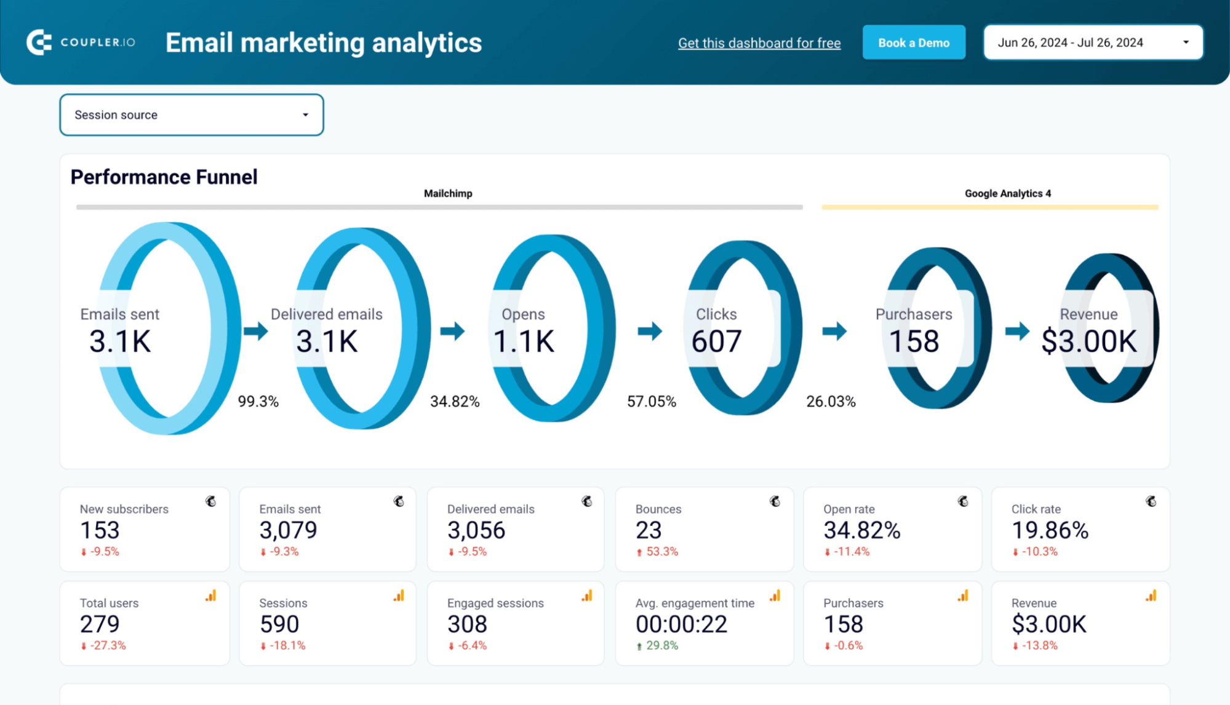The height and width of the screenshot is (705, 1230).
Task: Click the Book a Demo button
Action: tap(913, 42)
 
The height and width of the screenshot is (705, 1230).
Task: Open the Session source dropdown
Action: tap(191, 115)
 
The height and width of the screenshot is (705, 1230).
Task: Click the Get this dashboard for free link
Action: tap(759, 43)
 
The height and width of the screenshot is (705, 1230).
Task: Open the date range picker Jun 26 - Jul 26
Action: tap(1093, 42)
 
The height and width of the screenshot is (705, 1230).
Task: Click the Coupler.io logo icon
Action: tap(39, 42)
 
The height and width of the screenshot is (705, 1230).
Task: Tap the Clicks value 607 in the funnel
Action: tap(716, 341)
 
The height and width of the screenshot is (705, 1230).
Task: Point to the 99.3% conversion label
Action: tap(258, 402)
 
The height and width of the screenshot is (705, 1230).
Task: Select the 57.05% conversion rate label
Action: tap(651, 402)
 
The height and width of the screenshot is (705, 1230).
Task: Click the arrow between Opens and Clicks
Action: tap(649, 331)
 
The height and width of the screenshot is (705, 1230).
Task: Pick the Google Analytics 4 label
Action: tap(1007, 193)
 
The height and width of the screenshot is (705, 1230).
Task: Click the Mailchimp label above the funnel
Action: tap(448, 193)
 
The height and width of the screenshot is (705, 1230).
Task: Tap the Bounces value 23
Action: tap(649, 530)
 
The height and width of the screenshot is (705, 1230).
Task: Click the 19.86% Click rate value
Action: tap(1050, 530)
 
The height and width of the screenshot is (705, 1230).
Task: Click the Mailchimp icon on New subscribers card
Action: tap(211, 501)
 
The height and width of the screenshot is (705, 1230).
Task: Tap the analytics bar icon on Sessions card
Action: tap(399, 595)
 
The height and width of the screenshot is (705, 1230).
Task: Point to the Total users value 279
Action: tap(100, 624)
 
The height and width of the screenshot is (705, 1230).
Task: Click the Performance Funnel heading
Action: tap(164, 177)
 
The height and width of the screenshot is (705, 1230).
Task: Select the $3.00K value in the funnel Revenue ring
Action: tap(1088, 341)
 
